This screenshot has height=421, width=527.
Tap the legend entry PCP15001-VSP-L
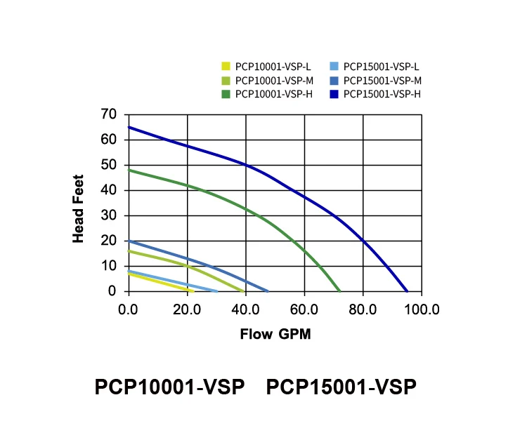point(377,67)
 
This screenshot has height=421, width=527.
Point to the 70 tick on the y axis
point(109,114)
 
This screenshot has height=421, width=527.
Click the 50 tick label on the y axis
point(109,165)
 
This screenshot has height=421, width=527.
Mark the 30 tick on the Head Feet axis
point(109,215)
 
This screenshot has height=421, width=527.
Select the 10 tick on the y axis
point(109,266)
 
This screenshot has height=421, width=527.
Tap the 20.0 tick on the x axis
point(187,309)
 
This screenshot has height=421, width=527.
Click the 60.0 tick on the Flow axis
point(304,309)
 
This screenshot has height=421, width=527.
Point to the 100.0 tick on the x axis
point(422,309)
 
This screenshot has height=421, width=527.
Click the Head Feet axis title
point(78,208)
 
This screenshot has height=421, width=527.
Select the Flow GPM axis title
point(275,334)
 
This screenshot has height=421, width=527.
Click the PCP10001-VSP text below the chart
point(169,387)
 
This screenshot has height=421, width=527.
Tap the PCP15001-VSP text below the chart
point(341,387)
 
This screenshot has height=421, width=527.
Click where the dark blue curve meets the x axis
point(407,290)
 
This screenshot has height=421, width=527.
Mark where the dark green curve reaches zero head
point(339,290)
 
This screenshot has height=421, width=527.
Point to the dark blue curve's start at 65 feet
point(129,127)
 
